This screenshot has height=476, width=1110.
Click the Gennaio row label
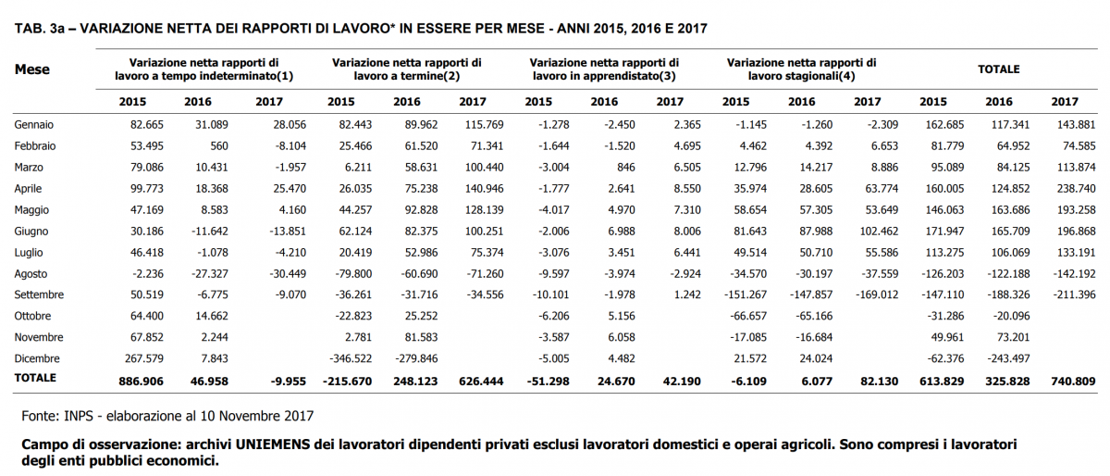pos(33,125)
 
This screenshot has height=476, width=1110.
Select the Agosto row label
pos(31,273)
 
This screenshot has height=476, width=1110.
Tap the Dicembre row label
pos(37,358)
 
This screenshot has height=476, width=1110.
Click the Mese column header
pos(32,69)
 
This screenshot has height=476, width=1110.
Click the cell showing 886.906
pos(141,382)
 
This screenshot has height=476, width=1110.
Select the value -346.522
pos(351,358)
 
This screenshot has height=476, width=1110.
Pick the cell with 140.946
pos(484,189)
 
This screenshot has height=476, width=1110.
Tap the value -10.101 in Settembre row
pos(550,294)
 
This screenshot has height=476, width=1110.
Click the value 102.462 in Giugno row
pos(879,231)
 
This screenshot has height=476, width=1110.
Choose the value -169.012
pos(877,294)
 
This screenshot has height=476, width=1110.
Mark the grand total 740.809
pos(1073,382)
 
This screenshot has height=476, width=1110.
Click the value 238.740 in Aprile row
pos(1077,189)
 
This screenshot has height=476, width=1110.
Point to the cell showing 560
pos(219,146)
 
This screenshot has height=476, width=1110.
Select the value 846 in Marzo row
pos(626,168)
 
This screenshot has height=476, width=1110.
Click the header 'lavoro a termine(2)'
pos(407,76)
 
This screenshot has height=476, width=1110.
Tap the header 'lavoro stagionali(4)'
pos(801,76)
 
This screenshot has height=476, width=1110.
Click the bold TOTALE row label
pos(35,378)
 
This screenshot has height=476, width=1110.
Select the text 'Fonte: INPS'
pos(57,416)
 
